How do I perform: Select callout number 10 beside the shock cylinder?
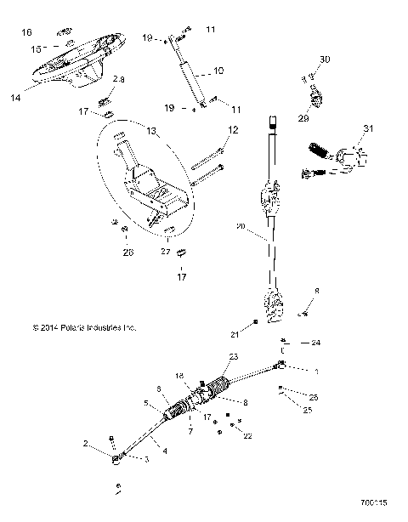[218, 71]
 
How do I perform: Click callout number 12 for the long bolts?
[233, 129]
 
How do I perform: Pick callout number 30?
[324, 60]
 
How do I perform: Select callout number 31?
[367, 128]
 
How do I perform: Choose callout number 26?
[128, 252]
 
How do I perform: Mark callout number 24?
[315, 343]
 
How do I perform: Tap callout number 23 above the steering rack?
[234, 356]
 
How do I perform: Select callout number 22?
[248, 436]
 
